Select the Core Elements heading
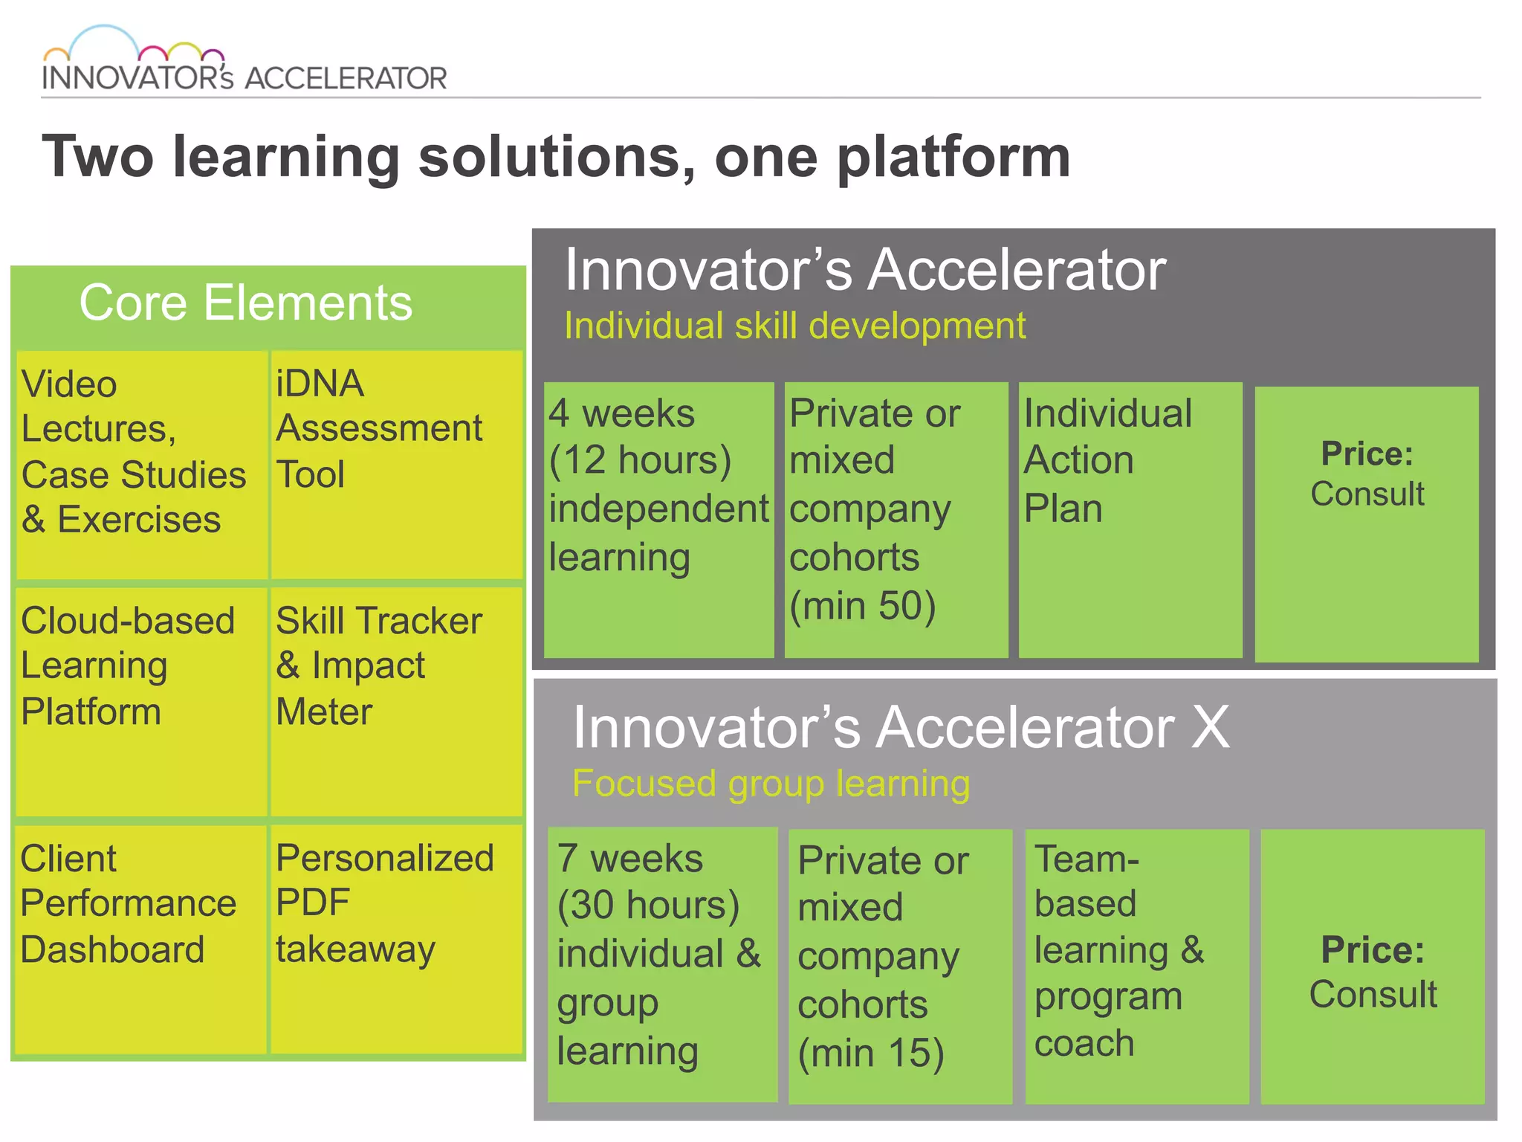pyautogui.click(x=245, y=303)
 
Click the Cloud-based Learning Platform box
pyautogui.click(x=141, y=700)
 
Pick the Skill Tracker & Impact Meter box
pyautogui.click(x=396, y=700)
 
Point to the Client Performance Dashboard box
pyautogui.click(x=141, y=938)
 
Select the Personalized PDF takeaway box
pyautogui.click(x=396, y=938)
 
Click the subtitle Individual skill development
pyautogui.click(x=794, y=326)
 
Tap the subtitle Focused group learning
pyautogui.click(x=771, y=784)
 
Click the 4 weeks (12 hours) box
pyautogui.click(x=658, y=519)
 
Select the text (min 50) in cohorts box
pyautogui.click(x=862, y=606)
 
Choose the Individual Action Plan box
pyautogui.click(x=1130, y=519)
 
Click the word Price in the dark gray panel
pyautogui.click(x=1366, y=454)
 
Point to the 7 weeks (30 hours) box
pyautogui.click(x=662, y=964)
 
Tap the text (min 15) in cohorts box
pyautogui.click(x=870, y=1053)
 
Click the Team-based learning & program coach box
pyautogui.click(x=1136, y=965)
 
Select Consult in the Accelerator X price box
pyautogui.click(x=1373, y=995)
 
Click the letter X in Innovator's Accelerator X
pyautogui.click(x=1209, y=727)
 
